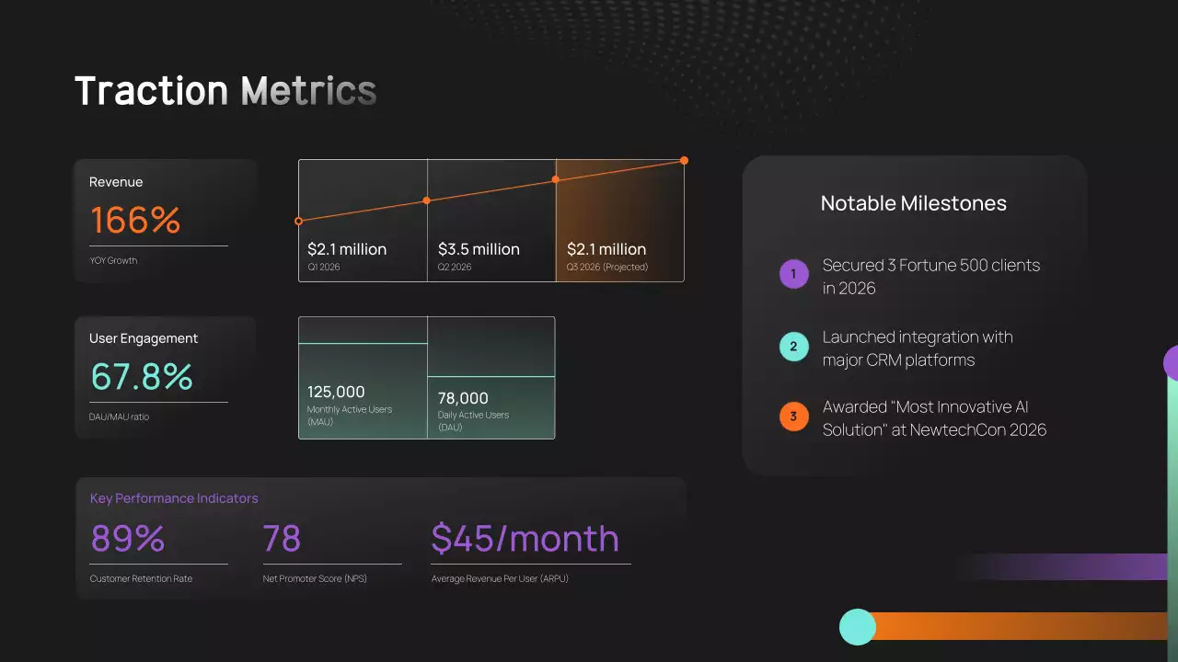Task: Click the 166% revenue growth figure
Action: coord(135,221)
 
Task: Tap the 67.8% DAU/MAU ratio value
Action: coord(142,377)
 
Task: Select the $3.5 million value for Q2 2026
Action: coord(479,249)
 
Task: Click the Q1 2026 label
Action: coord(325,268)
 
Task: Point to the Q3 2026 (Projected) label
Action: coord(607,268)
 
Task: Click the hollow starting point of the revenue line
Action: coord(298,222)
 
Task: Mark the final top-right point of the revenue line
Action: coord(684,161)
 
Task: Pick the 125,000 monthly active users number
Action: coord(336,392)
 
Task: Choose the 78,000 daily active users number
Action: coord(463,398)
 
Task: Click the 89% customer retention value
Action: coord(127,539)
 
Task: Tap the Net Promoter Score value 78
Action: coord(282,539)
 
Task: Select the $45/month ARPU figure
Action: coord(525,539)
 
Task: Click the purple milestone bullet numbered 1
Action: coord(793,274)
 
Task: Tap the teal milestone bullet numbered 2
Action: coord(793,347)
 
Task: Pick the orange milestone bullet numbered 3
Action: coord(793,417)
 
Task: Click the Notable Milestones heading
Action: coord(914,203)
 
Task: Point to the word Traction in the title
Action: coord(151,91)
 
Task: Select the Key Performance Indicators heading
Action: coord(174,498)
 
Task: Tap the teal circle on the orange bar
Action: coord(858,626)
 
